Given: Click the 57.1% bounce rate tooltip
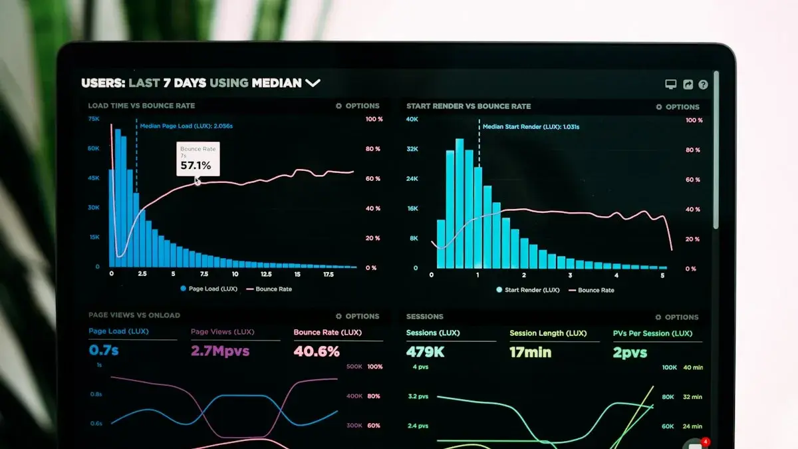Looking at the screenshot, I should coord(197,159).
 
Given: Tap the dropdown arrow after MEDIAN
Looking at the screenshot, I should coord(313,83).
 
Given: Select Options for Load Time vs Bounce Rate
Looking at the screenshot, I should coord(358,106).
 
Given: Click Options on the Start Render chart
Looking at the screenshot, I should coord(678,107).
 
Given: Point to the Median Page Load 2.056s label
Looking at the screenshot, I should coord(186,126).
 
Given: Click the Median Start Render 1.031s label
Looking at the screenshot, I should coord(531,126).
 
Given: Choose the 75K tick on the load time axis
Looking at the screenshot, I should coord(94,118).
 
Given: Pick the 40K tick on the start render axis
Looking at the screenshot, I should coord(412,119).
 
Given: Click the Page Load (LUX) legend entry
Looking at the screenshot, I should coord(208,289).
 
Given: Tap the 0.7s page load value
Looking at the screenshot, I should coord(104,350).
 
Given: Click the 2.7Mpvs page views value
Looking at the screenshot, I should coord(220,351).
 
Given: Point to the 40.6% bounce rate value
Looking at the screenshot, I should coord(317,351).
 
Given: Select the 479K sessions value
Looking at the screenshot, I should coord(425,352).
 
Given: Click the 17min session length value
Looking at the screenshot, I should coord(531,353).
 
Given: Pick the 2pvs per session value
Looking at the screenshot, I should coord(630,353).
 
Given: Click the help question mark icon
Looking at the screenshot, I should coord(703,84).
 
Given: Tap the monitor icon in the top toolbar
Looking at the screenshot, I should coord(670,84).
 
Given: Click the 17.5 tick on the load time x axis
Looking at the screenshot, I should coord(328,274).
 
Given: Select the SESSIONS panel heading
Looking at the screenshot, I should coord(424,317).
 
